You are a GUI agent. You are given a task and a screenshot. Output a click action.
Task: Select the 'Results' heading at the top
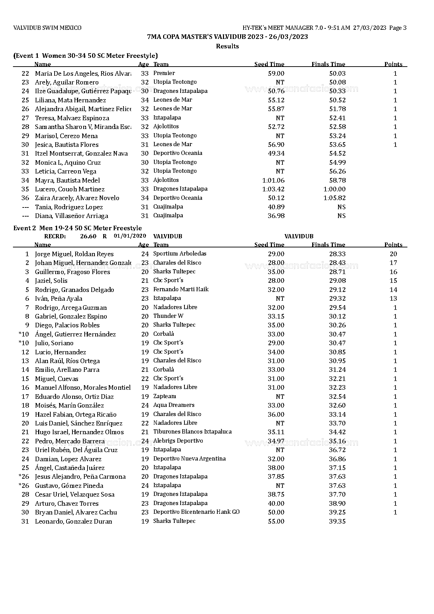(227, 46)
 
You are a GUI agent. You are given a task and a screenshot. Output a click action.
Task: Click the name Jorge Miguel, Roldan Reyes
(74, 254)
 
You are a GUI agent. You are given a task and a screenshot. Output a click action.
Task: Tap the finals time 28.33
(337, 254)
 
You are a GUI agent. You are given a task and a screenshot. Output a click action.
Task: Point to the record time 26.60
(88, 236)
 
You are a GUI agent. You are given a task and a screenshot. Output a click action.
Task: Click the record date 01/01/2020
(130, 236)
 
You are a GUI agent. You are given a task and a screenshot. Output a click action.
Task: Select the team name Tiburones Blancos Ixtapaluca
(192, 432)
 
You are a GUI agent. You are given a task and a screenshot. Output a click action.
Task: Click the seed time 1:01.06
(273, 180)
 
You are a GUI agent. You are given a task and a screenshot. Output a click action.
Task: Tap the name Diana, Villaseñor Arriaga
(71, 216)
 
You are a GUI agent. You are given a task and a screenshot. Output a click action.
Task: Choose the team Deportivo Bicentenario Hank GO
(196, 512)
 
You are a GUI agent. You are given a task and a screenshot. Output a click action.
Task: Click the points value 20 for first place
(393, 254)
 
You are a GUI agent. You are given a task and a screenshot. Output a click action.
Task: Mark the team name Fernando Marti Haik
(181, 289)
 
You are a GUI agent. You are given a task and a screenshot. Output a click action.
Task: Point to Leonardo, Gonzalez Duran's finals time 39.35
(337, 521)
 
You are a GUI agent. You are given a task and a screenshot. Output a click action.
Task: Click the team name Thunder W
(168, 316)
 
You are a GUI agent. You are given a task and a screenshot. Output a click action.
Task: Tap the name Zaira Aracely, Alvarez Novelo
(77, 198)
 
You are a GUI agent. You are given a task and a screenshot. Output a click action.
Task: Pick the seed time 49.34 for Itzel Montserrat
(276, 153)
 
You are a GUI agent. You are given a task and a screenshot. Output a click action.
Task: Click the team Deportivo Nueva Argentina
(189, 459)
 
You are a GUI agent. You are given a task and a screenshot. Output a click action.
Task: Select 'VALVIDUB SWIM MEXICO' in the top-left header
(47, 28)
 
